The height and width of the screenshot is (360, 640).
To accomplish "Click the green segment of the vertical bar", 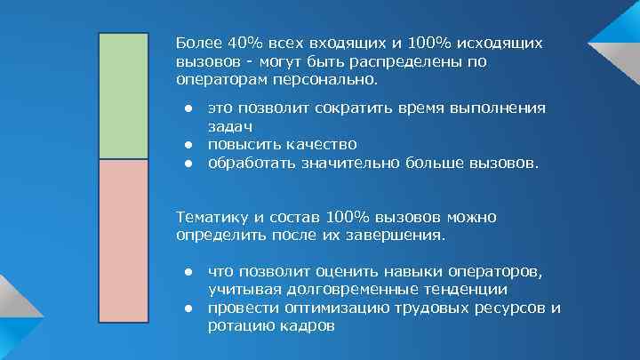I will tap(124, 96).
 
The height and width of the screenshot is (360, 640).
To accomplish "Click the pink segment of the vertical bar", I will tap(124, 240).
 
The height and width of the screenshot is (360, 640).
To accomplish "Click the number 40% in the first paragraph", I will tap(244, 44).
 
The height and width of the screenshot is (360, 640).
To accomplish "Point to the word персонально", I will tap(335, 80).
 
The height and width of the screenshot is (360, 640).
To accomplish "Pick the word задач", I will tap(228, 126).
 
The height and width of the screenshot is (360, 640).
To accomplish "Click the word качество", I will tap(317, 144).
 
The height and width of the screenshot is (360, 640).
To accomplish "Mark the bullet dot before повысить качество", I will tap(189, 144).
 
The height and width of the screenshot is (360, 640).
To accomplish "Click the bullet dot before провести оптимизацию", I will tap(189, 308).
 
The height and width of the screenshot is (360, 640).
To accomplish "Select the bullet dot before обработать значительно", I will tap(189, 163).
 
